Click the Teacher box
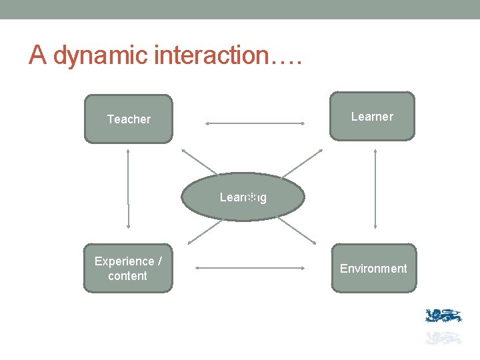128,119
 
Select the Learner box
372,117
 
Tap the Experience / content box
128,268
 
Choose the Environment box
373,268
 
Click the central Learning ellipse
243,197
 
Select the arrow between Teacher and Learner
255,123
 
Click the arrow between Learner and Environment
375,190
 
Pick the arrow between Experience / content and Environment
251,268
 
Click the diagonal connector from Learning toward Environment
298,231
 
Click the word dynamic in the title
101,56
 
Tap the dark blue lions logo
443,316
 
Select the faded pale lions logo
443,337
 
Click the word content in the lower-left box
127,276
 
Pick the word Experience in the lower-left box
124,261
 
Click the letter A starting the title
38,56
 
